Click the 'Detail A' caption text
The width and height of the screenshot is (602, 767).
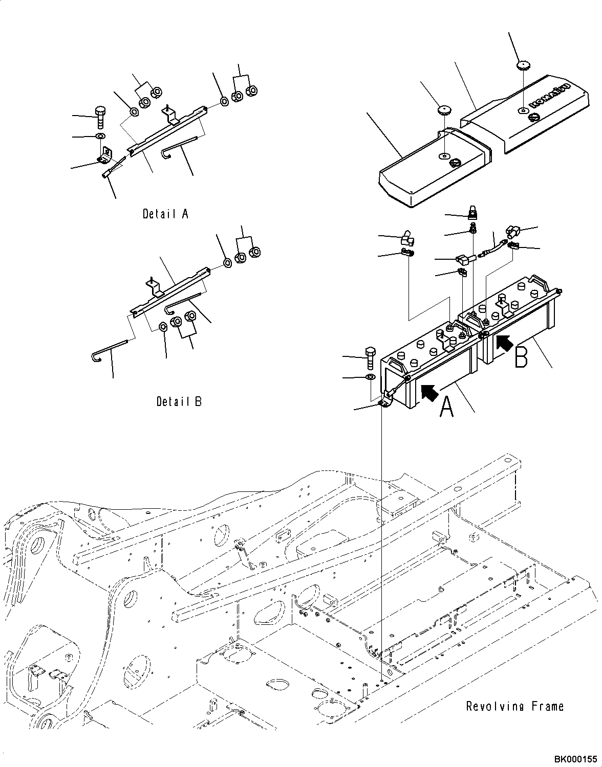[x=165, y=214]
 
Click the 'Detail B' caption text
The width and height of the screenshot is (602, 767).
[x=179, y=401]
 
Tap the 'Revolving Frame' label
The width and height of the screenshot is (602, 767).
[x=514, y=706]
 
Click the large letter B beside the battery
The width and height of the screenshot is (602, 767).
[x=521, y=357]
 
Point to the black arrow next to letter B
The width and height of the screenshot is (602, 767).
[x=504, y=342]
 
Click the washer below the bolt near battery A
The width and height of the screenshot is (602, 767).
[x=371, y=378]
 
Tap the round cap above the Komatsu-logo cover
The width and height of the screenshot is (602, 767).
[x=522, y=65]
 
